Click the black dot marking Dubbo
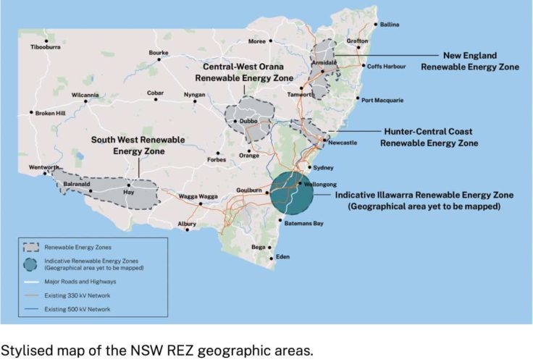click(x=235, y=122)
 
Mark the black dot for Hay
click(x=130, y=185)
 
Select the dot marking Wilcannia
click(x=86, y=102)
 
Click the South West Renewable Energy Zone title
click(x=138, y=145)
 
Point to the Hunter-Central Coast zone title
click(x=429, y=138)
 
